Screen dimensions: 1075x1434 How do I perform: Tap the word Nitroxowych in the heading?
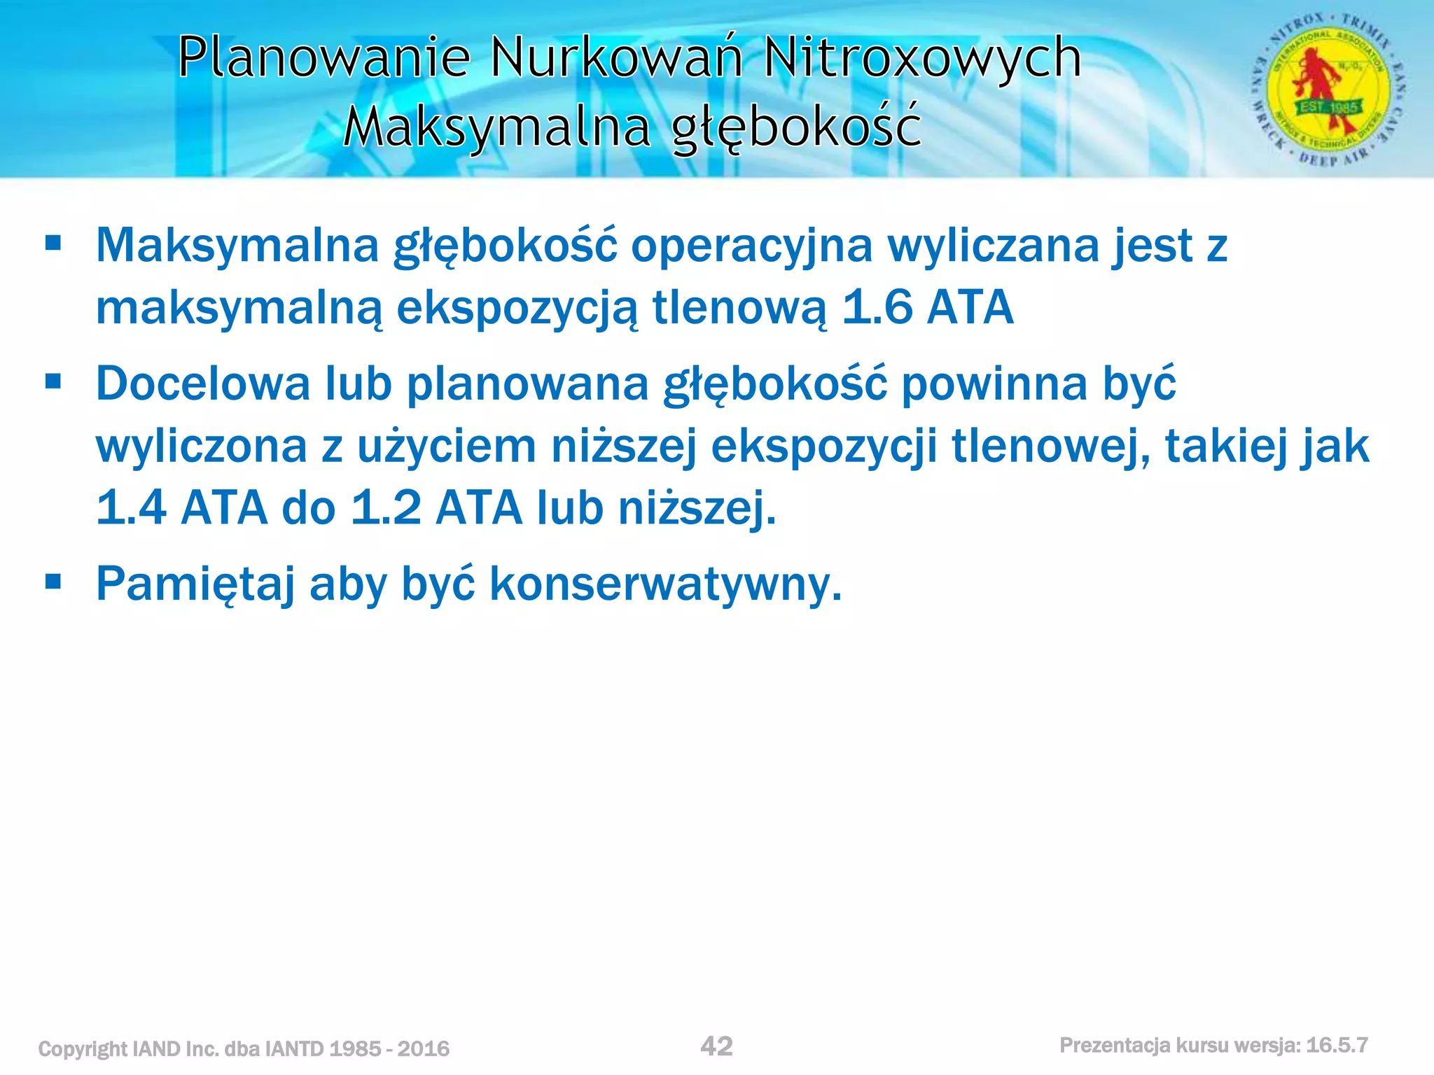(922, 57)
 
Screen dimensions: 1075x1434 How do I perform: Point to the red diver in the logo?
(1316, 80)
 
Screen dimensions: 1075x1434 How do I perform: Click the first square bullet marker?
(53, 244)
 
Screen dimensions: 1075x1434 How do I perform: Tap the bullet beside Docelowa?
(53, 382)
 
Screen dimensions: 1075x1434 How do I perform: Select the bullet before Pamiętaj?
(53, 582)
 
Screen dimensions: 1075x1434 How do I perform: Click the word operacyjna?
(752, 246)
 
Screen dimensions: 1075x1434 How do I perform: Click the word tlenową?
(739, 307)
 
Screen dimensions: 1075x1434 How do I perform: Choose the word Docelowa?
(203, 384)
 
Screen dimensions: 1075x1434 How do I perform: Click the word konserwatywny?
(665, 583)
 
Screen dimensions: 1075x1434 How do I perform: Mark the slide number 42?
(716, 1046)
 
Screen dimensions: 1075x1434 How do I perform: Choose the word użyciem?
(447, 446)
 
